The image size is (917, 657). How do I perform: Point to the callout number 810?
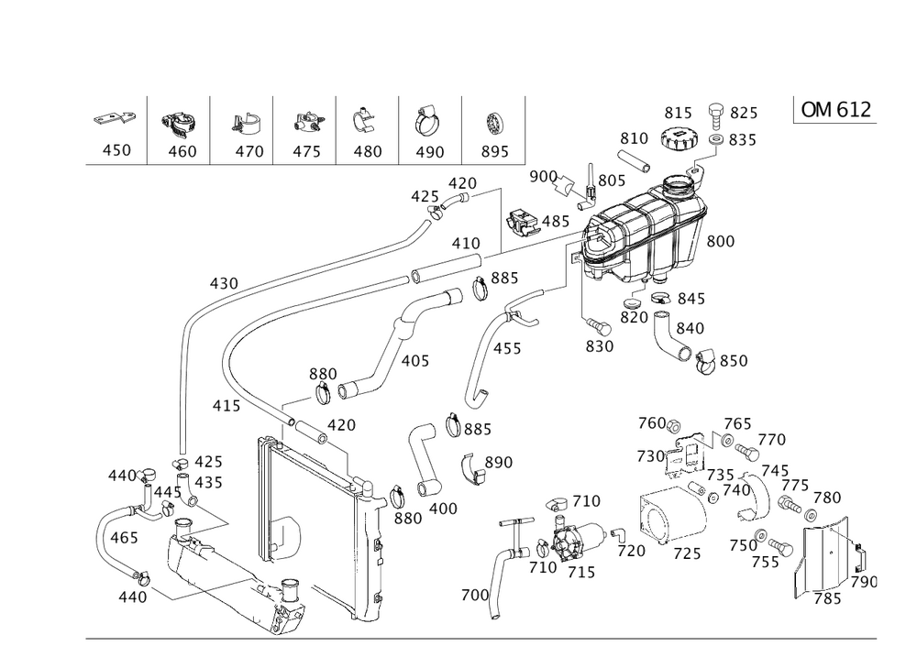pyautogui.click(x=634, y=138)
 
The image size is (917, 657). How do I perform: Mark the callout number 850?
pyautogui.click(x=735, y=362)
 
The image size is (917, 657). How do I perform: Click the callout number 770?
pyautogui.click(x=772, y=441)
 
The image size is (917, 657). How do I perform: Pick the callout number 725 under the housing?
pyautogui.click(x=687, y=555)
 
